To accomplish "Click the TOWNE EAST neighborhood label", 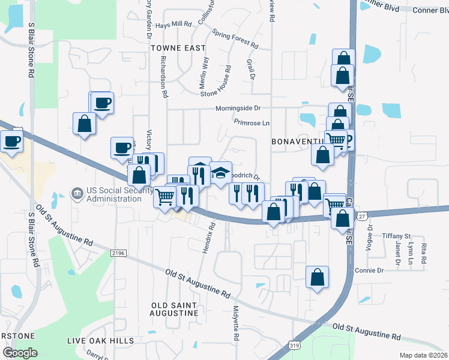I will [x=178, y=47].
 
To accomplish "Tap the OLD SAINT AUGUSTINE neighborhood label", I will [x=175, y=309].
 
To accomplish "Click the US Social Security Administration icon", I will [x=77, y=193].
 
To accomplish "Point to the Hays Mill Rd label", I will [x=173, y=25].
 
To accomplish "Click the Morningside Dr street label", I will [x=238, y=109].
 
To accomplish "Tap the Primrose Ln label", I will [x=252, y=123].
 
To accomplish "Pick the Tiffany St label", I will [x=397, y=236].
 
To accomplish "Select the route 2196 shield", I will [x=119, y=254].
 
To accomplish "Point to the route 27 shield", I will [x=361, y=216].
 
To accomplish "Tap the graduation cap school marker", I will [x=220, y=173].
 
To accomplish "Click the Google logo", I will [x=20, y=352].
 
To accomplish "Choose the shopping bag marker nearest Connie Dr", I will [x=318, y=277].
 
